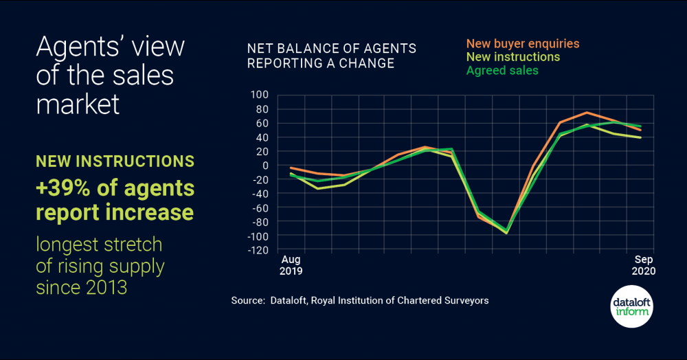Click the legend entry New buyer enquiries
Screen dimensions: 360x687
pos(522,43)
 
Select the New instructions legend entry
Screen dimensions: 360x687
pos(513,57)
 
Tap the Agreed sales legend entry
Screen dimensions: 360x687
pos(502,70)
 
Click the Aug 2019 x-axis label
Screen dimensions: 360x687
pos(292,265)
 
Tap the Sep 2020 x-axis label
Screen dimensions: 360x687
pos(644,265)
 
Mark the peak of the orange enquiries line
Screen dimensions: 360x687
pos(587,113)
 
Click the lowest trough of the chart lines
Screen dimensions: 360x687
pos(507,233)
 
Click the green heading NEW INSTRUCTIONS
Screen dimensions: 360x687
pos(115,161)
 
